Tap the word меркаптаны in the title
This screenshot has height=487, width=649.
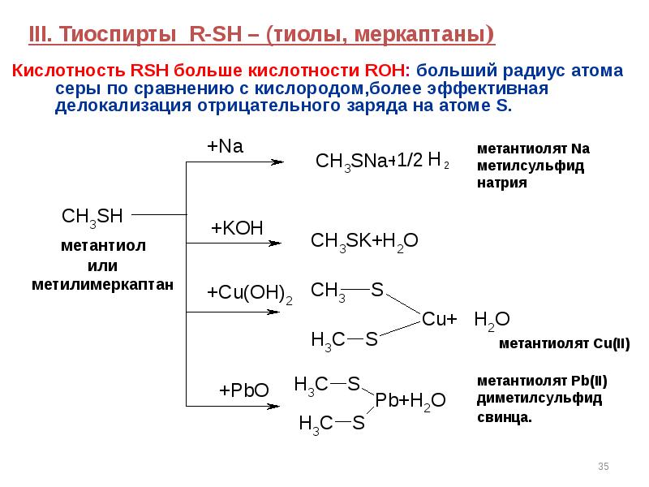[x=423, y=34]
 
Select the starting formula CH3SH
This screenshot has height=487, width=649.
[x=92, y=217]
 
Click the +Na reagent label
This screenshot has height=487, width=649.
[x=225, y=146]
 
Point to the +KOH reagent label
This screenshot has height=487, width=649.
[x=237, y=228]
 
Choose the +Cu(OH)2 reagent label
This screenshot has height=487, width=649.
[x=250, y=293]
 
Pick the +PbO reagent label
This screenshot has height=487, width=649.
[x=244, y=390]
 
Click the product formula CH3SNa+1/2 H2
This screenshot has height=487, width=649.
[x=382, y=161]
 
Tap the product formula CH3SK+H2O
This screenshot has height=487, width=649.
[x=364, y=241]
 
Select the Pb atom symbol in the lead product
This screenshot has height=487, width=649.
[x=386, y=400]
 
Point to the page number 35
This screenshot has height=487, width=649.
[x=604, y=466]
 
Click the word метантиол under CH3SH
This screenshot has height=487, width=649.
[x=103, y=246]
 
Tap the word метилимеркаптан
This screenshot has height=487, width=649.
[x=103, y=285]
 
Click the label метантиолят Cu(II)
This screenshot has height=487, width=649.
[x=564, y=343]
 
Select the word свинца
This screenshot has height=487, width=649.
[x=504, y=417]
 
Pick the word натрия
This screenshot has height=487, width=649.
[x=502, y=183]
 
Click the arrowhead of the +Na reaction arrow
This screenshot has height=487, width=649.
[x=277, y=162]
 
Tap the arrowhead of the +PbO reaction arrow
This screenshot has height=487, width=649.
[x=273, y=407]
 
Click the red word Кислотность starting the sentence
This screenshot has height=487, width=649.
[x=69, y=71]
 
